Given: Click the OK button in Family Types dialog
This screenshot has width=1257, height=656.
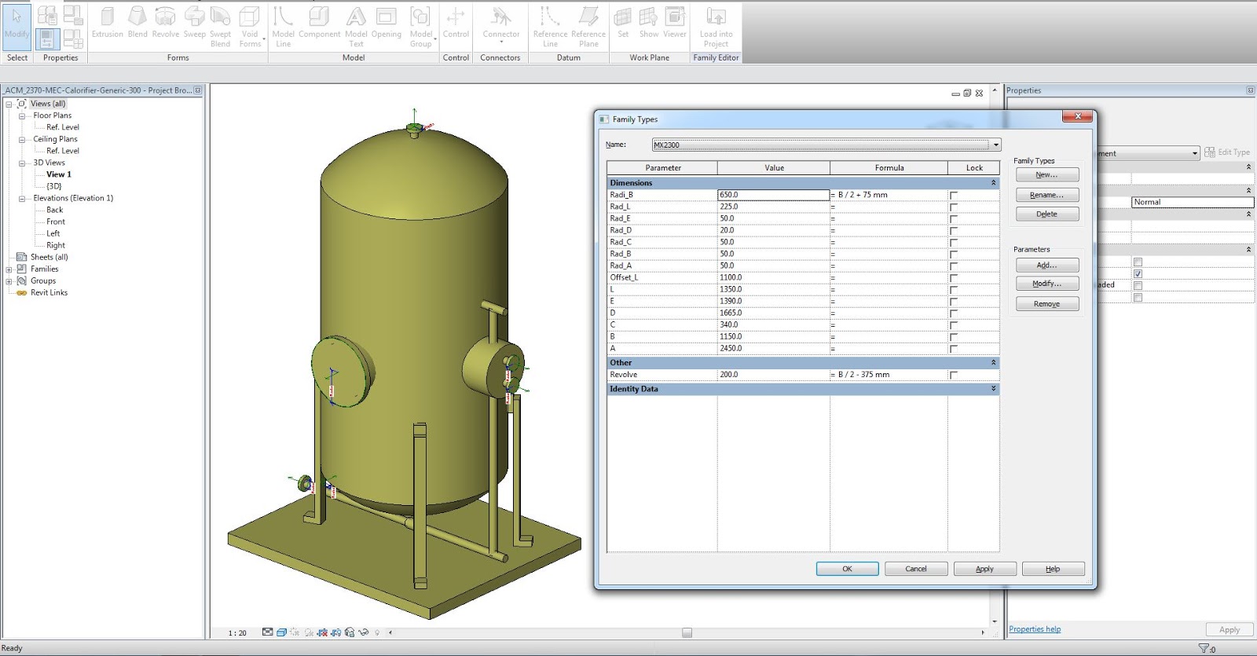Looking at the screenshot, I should [x=847, y=569].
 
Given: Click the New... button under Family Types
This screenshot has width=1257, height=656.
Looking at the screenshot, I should [x=1046, y=175].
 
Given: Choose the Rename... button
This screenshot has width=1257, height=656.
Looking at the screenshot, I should [x=1046, y=195].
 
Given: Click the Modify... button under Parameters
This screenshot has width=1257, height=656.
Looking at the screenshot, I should [x=1046, y=284].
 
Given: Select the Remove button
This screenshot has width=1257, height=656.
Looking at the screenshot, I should [x=1046, y=304].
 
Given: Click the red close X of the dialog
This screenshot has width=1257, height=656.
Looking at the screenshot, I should [x=1078, y=116].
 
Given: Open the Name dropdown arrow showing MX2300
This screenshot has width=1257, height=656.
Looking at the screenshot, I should [x=995, y=145].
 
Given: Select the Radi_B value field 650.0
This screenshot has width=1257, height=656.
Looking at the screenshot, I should [x=773, y=195].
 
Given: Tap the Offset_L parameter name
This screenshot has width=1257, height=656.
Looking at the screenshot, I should [x=625, y=277].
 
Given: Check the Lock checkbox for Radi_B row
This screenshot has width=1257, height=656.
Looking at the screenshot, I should [x=954, y=196].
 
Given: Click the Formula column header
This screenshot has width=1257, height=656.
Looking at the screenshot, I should [x=889, y=168].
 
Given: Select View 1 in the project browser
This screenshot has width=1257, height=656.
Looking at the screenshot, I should [x=59, y=174].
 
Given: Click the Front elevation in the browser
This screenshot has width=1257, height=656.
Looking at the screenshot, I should [x=56, y=222].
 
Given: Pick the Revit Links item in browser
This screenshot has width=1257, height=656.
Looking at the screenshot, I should [x=49, y=292].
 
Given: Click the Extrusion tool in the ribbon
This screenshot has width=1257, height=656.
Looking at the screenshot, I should [x=108, y=24].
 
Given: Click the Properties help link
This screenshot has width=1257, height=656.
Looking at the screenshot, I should [x=1035, y=629].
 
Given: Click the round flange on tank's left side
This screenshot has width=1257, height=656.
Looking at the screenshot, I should [x=343, y=371].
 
